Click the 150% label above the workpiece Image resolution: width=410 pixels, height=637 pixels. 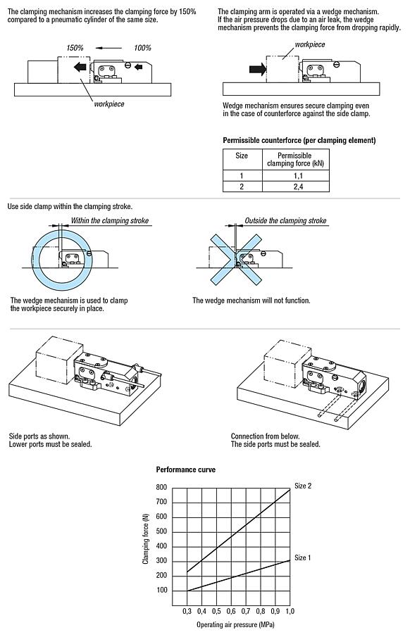pos(75,47)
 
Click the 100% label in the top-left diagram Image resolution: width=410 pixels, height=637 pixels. pos(143,47)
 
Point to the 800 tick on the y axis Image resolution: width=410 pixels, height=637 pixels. pos(161,487)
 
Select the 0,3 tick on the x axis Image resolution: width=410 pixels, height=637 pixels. pos(187,611)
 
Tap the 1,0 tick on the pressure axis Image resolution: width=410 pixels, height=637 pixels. pos(290,611)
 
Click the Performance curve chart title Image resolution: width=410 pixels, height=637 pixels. pos(185,469)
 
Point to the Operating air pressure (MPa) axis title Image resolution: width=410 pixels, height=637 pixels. pos(235,624)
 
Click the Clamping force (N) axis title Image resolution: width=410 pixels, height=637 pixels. pos(146,538)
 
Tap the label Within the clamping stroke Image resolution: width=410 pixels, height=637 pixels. pos(109,221)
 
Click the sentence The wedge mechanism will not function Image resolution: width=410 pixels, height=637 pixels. pos(251,301)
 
